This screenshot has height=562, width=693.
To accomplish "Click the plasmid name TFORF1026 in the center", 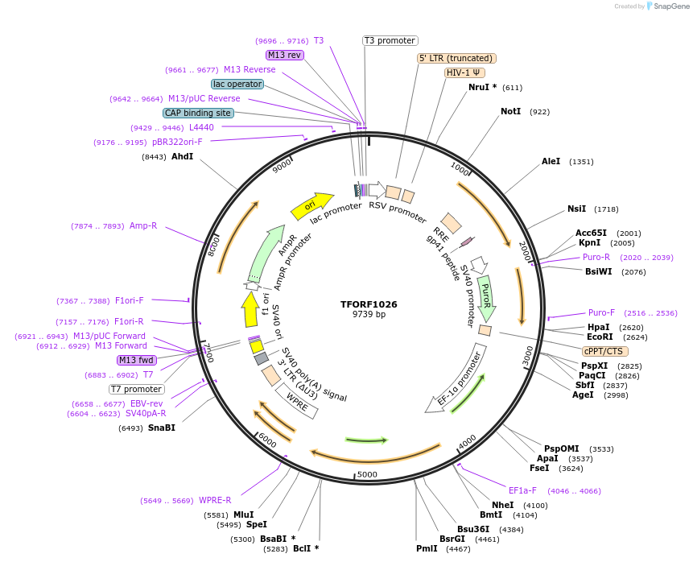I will click(x=369, y=304).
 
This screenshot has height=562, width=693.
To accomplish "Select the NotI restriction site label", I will click(x=510, y=111).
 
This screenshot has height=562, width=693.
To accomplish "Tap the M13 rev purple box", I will click(x=284, y=55).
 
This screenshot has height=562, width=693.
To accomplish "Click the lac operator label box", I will click(x=237, y=84).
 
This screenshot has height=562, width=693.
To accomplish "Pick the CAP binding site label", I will click(x=198, y=113).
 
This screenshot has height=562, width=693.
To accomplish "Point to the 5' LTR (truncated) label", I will click(x=456, y=58).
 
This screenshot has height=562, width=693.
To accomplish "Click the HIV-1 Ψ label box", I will click(x=464, y=72).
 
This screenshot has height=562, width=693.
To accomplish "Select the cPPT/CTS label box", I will click(x=605, y=351).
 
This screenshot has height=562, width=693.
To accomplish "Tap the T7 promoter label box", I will click(x=137, y=390).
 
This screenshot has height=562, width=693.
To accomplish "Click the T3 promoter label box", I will click(x=390, y=40).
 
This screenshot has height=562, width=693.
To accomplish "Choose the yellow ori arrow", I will click(x=311, y=206).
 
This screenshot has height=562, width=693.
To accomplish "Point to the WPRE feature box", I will click(x=297, y=400).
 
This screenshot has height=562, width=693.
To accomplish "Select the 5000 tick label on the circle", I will click(x=367, y=474).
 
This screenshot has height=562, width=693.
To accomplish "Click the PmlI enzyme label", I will click(x=427, y=548).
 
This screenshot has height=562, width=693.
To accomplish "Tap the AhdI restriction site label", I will click(x=182, y=156).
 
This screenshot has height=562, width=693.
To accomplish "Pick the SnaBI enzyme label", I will click(x=161, y=428).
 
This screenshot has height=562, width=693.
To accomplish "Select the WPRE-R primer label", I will click(x=215, y=500).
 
